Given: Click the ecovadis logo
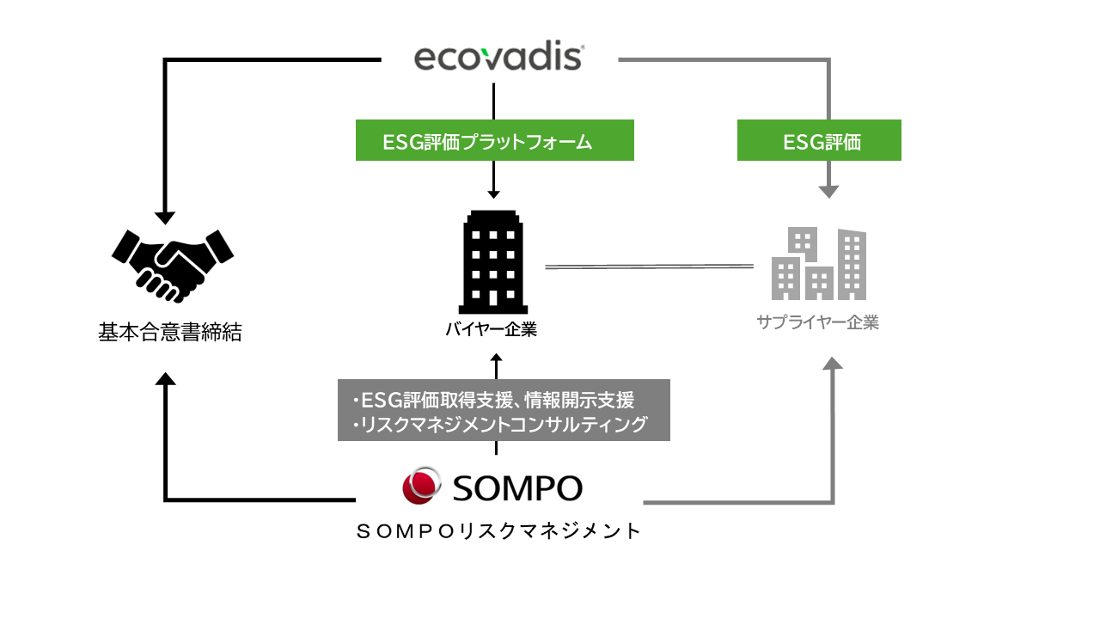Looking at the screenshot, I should [x=498, y=58].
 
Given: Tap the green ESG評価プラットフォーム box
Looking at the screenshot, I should [x=494, y=141].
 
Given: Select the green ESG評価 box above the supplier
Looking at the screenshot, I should [x=819, y=141].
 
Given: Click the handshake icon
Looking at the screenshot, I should [x=173, y=261].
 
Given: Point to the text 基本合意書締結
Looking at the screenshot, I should [x=170, y=333].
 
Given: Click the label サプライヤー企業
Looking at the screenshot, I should [x=817, y=323].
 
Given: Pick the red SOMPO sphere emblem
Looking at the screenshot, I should [x=422, y=486].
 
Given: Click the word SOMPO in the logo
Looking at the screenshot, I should [x=517, y=487].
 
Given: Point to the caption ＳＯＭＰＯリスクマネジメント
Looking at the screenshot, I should [x=498, y=531].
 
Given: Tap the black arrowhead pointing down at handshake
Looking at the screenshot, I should [x=165, y=218].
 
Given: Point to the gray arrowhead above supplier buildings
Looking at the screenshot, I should [x=828, y=191].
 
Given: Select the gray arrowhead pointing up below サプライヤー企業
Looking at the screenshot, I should [x=832, y=364].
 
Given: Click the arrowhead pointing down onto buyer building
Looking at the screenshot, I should [x=493, y=193].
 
